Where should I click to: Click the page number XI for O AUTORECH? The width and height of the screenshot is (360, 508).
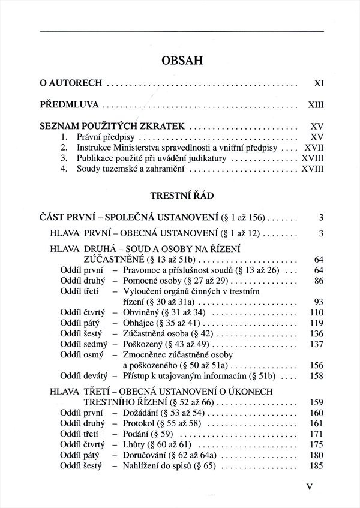[319, 83]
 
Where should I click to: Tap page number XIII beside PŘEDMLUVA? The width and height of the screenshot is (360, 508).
[316, 105]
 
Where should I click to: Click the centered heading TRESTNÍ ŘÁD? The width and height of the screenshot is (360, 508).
[180, 196]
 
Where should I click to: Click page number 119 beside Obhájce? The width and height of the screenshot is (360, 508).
[316, 324]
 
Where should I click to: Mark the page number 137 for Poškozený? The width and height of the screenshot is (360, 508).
[316, 345]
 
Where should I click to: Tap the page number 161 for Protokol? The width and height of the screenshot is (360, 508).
[316, 424]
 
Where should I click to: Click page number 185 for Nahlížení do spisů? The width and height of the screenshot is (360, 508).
[316, 467]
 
